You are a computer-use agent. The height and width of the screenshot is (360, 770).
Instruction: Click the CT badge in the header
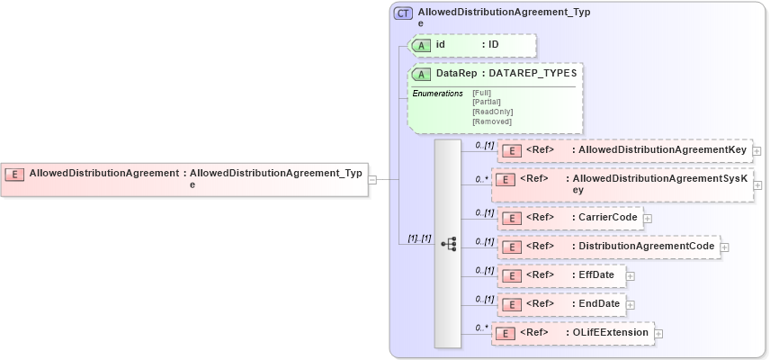click(404, 13)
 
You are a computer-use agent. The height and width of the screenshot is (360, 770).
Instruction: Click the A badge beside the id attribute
click(420, 45)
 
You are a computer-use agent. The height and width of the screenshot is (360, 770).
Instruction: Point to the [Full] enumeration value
click(481, 92)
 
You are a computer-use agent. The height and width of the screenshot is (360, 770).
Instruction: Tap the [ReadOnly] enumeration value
click(492, 112)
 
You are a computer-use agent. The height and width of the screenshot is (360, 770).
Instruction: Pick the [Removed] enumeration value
click(491, 121)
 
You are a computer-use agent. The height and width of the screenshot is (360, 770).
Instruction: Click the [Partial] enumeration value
click(487, 102)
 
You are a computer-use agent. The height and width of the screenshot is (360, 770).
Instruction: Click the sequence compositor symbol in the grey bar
click(448, 244)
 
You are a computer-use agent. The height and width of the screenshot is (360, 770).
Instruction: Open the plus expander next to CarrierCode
click(648, 218)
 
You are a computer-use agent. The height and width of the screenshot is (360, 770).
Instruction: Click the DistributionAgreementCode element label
click(646, 246)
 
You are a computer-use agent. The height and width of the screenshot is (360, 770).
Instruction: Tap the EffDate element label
click(595, 274)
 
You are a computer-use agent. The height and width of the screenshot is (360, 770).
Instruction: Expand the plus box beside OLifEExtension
click(659, 333)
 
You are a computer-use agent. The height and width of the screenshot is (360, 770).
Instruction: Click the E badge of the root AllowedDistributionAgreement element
click(14, 174)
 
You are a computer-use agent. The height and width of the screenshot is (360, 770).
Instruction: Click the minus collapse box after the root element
click(372, 179)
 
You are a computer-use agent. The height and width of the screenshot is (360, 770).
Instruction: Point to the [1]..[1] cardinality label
click(419, 238)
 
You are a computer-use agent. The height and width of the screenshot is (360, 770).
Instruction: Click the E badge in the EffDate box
click(511, 275)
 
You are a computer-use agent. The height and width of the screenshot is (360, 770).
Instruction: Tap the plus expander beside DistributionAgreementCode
click(725, 247)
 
